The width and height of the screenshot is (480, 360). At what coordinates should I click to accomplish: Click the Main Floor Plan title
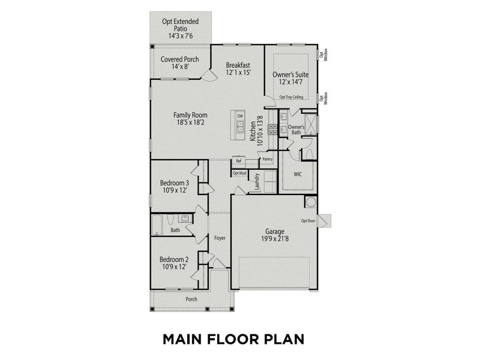tap(233, 339)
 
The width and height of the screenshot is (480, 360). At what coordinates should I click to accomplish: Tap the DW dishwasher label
tap(240, 116)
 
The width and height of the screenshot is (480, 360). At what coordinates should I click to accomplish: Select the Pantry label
tap(267, 160)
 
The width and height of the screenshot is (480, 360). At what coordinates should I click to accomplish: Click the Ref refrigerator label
tap(238, 161)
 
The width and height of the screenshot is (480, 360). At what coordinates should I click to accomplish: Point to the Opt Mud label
tap(239, 173)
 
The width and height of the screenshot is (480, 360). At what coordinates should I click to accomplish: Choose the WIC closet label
tap(298, 175)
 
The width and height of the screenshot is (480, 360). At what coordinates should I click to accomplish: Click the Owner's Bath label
tap(296, 130)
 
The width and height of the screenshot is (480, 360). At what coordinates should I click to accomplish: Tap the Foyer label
tap(220, 238)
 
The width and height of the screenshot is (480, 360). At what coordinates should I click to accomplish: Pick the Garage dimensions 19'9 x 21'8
tap(275, 239)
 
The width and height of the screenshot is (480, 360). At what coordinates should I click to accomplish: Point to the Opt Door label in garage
tap(308, 220)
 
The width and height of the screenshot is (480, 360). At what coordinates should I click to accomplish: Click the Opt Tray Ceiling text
tap(291, 97)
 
